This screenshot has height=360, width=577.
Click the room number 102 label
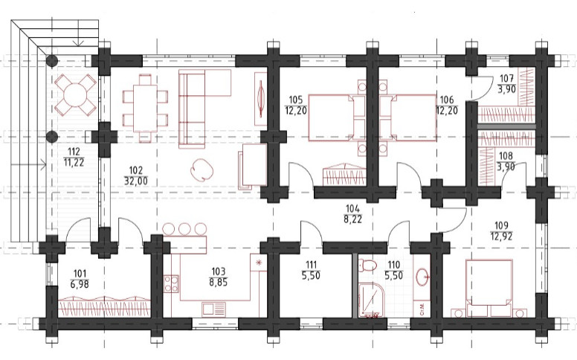pyautogui.click(x=136, y=170)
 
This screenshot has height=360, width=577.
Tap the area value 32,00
pyautogui.click(x=136, y=181)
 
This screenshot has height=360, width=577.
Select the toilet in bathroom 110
pyautogui.click(x=367, y=265)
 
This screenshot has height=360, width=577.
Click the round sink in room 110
pyautogui.click(x=423, y=277)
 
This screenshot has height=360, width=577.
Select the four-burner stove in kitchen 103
pyautogui.click(x=172, y=283)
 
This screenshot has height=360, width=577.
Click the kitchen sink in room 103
pyautogui.click(x=213, y=309)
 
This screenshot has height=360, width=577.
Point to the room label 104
pyautogui.click(x=353, y=209)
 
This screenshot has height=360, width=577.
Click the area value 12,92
pyautogui.click(x=501, y=236)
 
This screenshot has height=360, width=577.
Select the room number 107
pyautogui.click(x=506, y=78)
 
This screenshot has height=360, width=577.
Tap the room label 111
pyautogui.click(x=311, y=264)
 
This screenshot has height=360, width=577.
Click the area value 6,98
pyautogui.click(x=80, y=284)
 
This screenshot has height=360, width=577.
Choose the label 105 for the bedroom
pyautogui.click(x=295, y=100)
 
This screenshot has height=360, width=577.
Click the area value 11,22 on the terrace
pyautogui.click(x=74, y=162)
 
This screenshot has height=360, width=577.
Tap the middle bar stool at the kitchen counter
pyautogui.click(x=184, y=229)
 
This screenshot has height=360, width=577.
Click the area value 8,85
pyautogui.click(x=218, y=283)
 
